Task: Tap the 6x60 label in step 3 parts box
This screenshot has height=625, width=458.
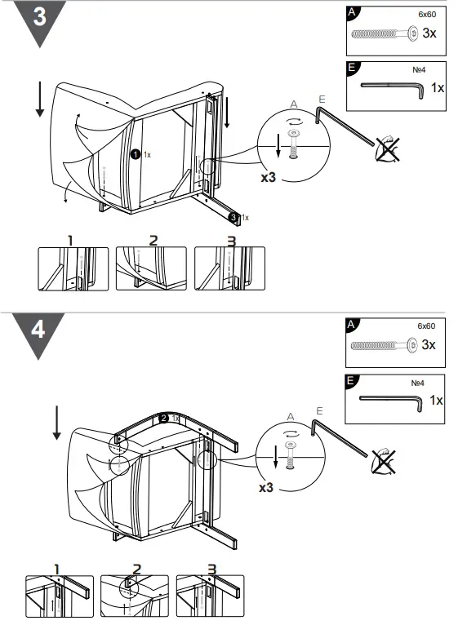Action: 427,14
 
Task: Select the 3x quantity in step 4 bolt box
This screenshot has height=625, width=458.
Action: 428,345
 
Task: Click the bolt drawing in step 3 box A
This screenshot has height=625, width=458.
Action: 383,33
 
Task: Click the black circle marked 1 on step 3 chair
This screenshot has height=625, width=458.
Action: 136,153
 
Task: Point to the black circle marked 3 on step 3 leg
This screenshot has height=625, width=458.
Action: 233,217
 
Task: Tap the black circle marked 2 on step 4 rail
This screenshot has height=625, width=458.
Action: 164,418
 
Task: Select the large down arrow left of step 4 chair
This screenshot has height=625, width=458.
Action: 56,421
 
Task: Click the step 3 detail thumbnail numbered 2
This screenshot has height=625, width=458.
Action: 151,268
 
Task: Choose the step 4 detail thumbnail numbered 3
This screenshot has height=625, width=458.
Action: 210,596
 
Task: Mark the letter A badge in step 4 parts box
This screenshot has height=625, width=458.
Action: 352,325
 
